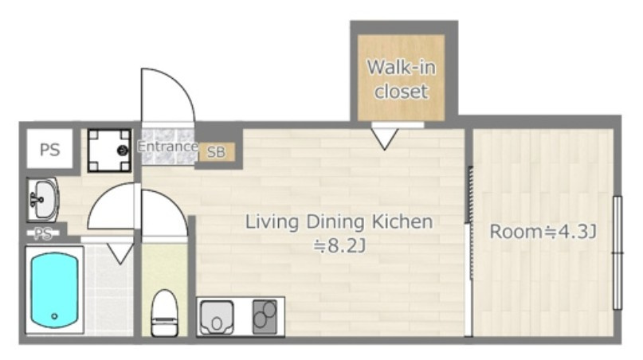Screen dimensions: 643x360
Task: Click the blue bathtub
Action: click(54, 290)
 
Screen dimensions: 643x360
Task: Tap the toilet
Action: click(164, 313)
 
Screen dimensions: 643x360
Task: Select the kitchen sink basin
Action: click(217, 317)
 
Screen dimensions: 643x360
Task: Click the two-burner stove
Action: click(265, 316)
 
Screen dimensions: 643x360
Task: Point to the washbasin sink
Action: click(43, 200)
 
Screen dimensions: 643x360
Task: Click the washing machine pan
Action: click(109, 151)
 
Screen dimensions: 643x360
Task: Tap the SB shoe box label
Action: click(217, 152)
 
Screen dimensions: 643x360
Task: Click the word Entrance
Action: click(167, 147)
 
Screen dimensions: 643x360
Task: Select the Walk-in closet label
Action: click(401, 79)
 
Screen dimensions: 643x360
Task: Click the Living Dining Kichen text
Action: click(339, 222)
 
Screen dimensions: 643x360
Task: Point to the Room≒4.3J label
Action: click(543, 232)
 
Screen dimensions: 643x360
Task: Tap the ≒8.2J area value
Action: click(339, 246)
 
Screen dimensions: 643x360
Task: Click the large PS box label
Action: click(50, 150)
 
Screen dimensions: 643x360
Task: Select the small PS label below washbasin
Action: click(43, 233)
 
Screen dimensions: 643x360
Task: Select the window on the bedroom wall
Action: click(618, 252)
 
